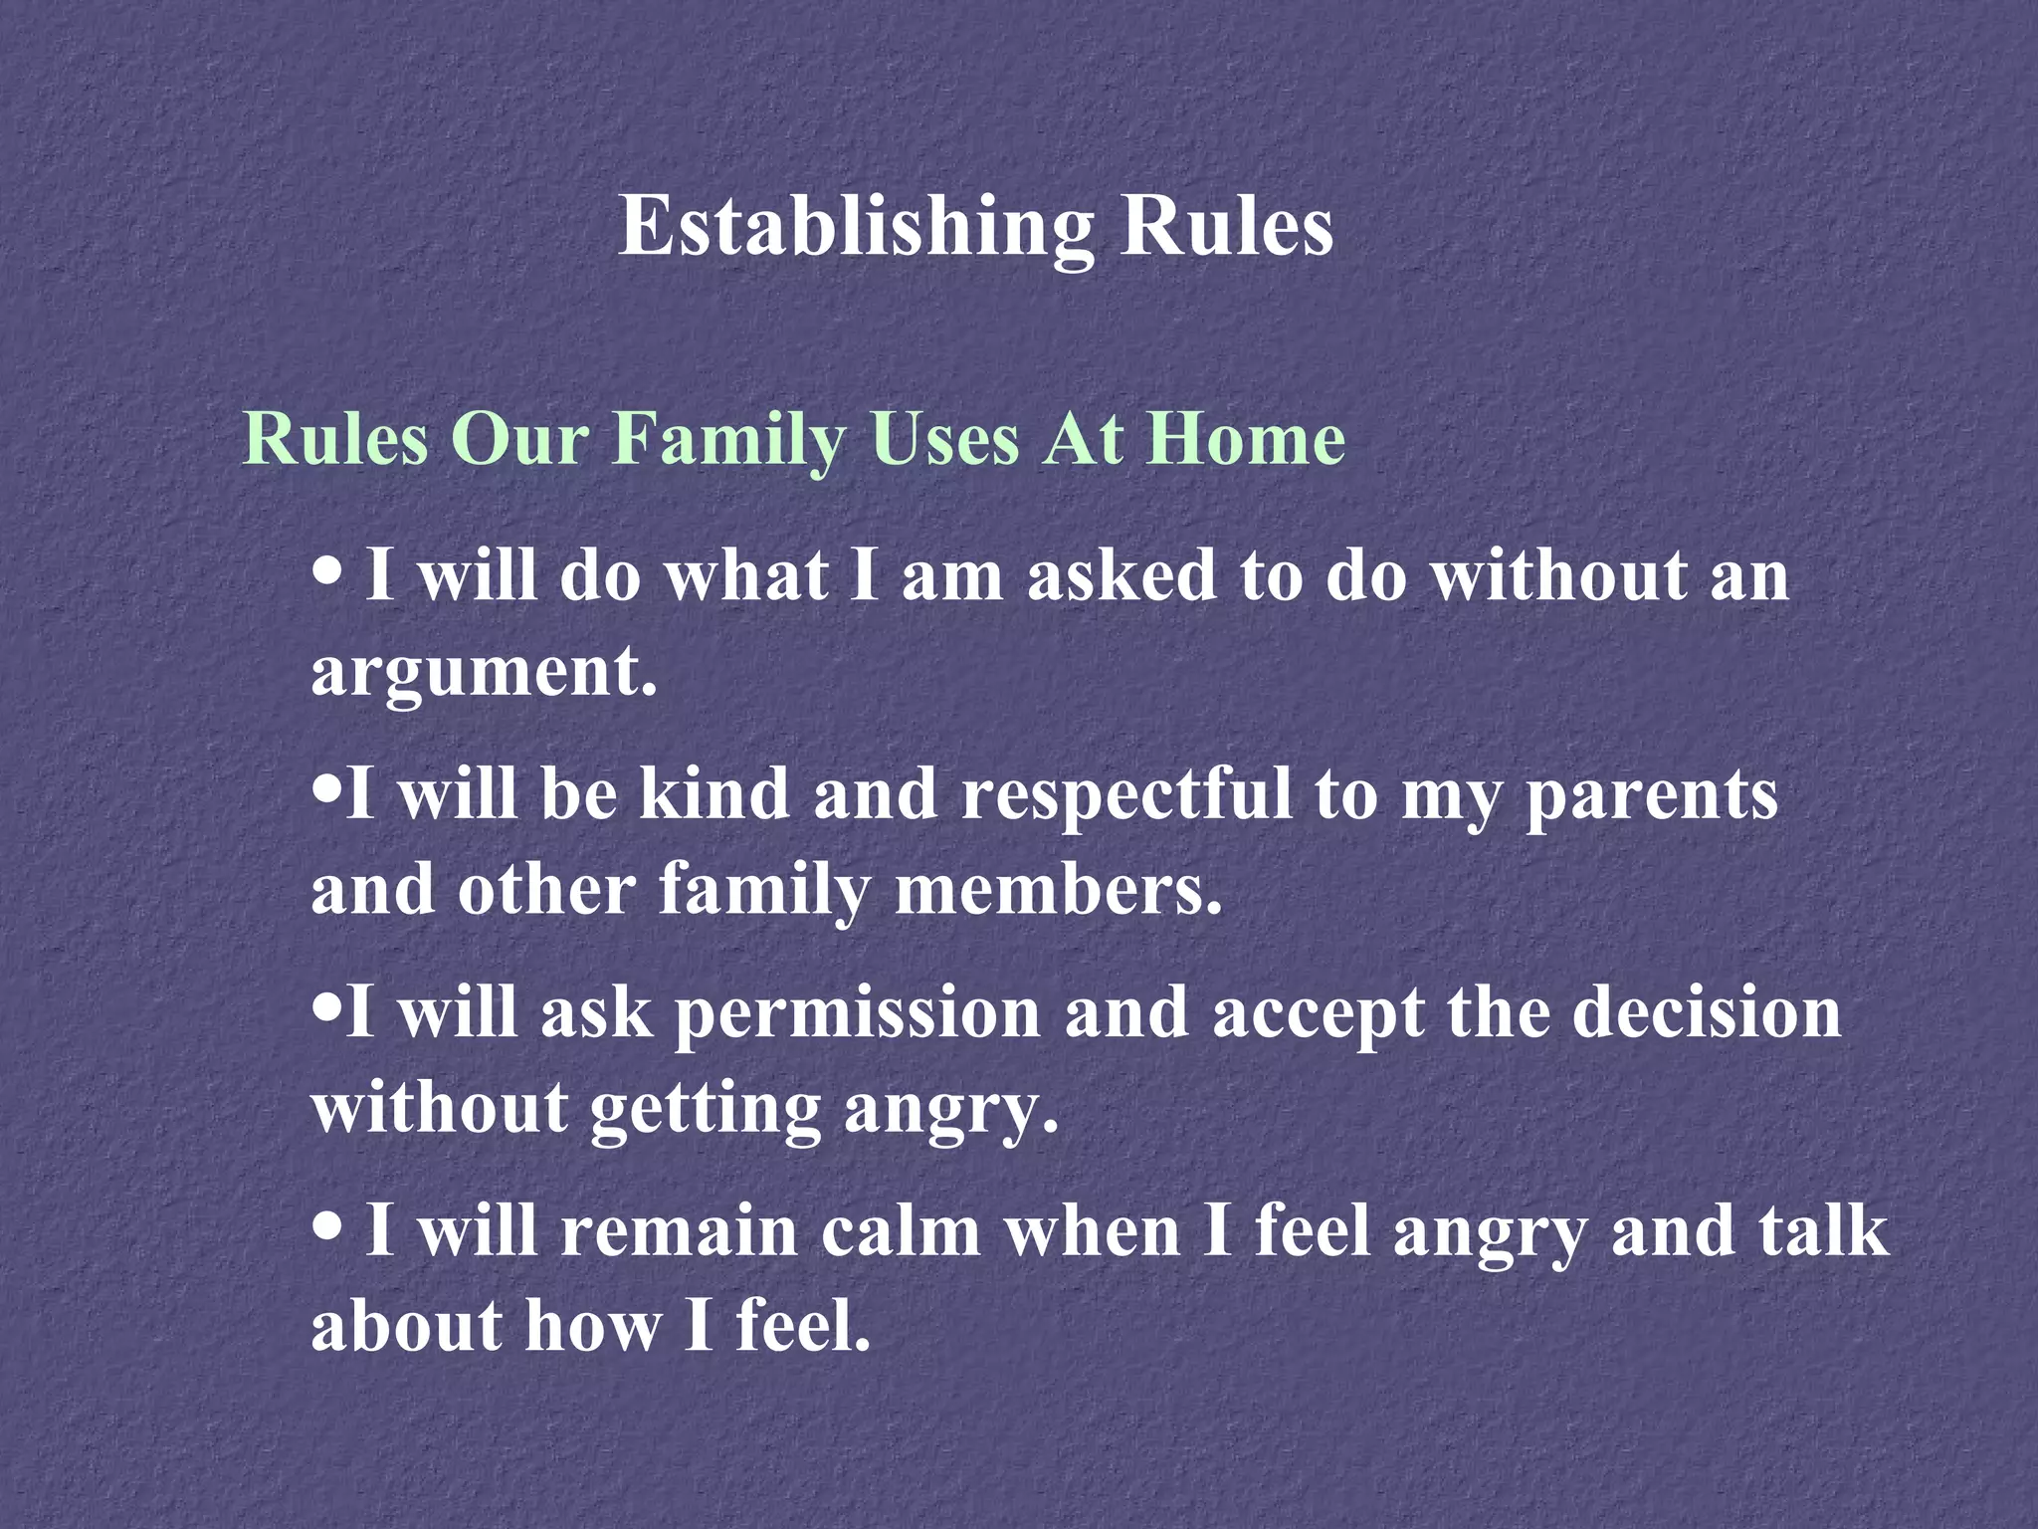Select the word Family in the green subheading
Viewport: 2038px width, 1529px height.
[728, 439]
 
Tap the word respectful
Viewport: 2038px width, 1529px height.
[1126, 796]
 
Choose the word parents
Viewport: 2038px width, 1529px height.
[1652, 796]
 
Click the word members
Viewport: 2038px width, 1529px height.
[1058, 889]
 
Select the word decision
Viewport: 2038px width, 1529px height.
[1706, 1012]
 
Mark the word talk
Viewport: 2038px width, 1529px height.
[1823, 1231]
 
